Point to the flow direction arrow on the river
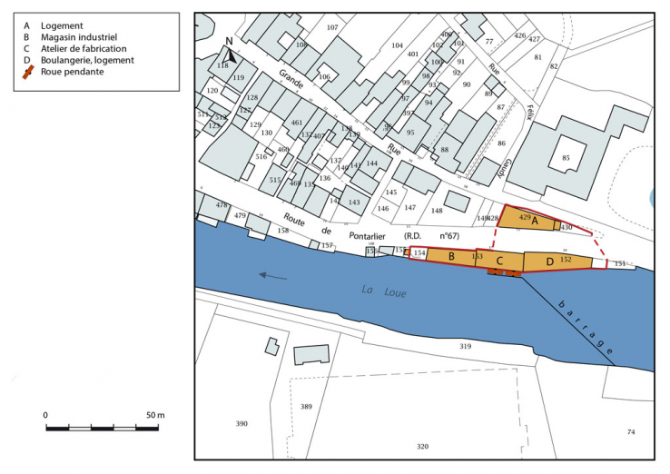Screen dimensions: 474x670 point(273,276)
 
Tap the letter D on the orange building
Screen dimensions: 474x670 point(550,262)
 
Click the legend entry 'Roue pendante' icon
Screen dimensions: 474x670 point(29,70)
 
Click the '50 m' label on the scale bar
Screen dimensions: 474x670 point(154,415)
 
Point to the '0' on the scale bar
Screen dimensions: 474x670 point(45,415)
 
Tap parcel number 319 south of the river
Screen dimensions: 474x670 point(466,346)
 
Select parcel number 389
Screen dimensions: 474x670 point(306,406)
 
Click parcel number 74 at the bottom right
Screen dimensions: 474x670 point(631,432)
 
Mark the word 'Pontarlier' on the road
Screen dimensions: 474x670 point(350,233)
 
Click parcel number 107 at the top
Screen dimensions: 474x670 point(332,27)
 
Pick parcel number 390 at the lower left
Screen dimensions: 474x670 point(241,424)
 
